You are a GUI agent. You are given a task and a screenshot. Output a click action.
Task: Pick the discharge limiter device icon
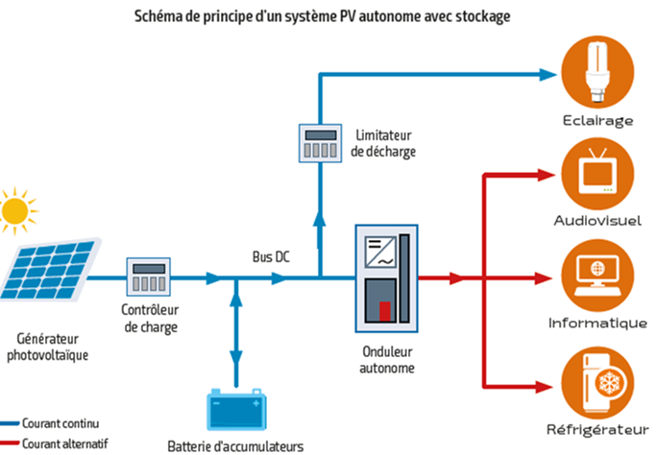317,145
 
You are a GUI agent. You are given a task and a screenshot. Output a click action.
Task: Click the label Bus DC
271,258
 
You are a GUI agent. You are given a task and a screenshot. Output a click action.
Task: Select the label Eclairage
597,121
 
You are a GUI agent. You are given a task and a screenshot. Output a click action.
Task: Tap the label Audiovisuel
597,221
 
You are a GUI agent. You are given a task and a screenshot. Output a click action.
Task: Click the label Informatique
597,323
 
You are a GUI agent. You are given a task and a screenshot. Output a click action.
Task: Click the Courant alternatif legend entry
64,443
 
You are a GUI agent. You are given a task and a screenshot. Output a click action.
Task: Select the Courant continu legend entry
60,423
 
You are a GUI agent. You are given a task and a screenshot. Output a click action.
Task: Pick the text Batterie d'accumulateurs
235,446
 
